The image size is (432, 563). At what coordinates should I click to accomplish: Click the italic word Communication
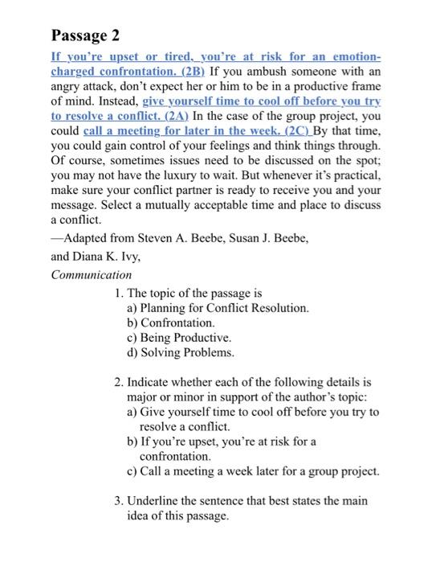point(91,274)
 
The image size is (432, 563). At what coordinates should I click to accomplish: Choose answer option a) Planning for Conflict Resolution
point(218,308)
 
